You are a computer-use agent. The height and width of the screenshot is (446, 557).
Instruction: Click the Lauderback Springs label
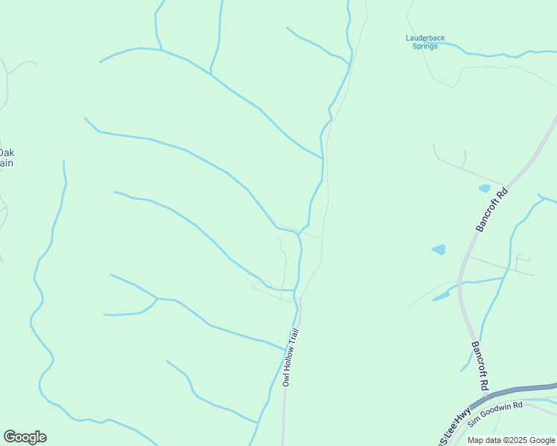click(x=424, y=42)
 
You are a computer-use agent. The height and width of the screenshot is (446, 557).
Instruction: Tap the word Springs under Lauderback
click(x=424, y=46)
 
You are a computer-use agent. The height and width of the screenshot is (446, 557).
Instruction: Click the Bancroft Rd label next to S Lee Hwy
click(x=479, y=366)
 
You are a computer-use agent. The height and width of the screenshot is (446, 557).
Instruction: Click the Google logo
click(x=25, y=437)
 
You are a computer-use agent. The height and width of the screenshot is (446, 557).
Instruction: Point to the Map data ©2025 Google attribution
click(x=512, y=440)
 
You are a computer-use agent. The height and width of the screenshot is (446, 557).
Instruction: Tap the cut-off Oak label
click(x=7, y=153)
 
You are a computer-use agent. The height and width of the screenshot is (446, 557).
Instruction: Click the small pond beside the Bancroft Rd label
click(x=484, y=189)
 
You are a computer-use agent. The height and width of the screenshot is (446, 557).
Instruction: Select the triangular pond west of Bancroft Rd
click(x=439, y=250)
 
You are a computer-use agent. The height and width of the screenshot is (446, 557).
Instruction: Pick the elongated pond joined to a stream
click(x=442, y=296)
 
